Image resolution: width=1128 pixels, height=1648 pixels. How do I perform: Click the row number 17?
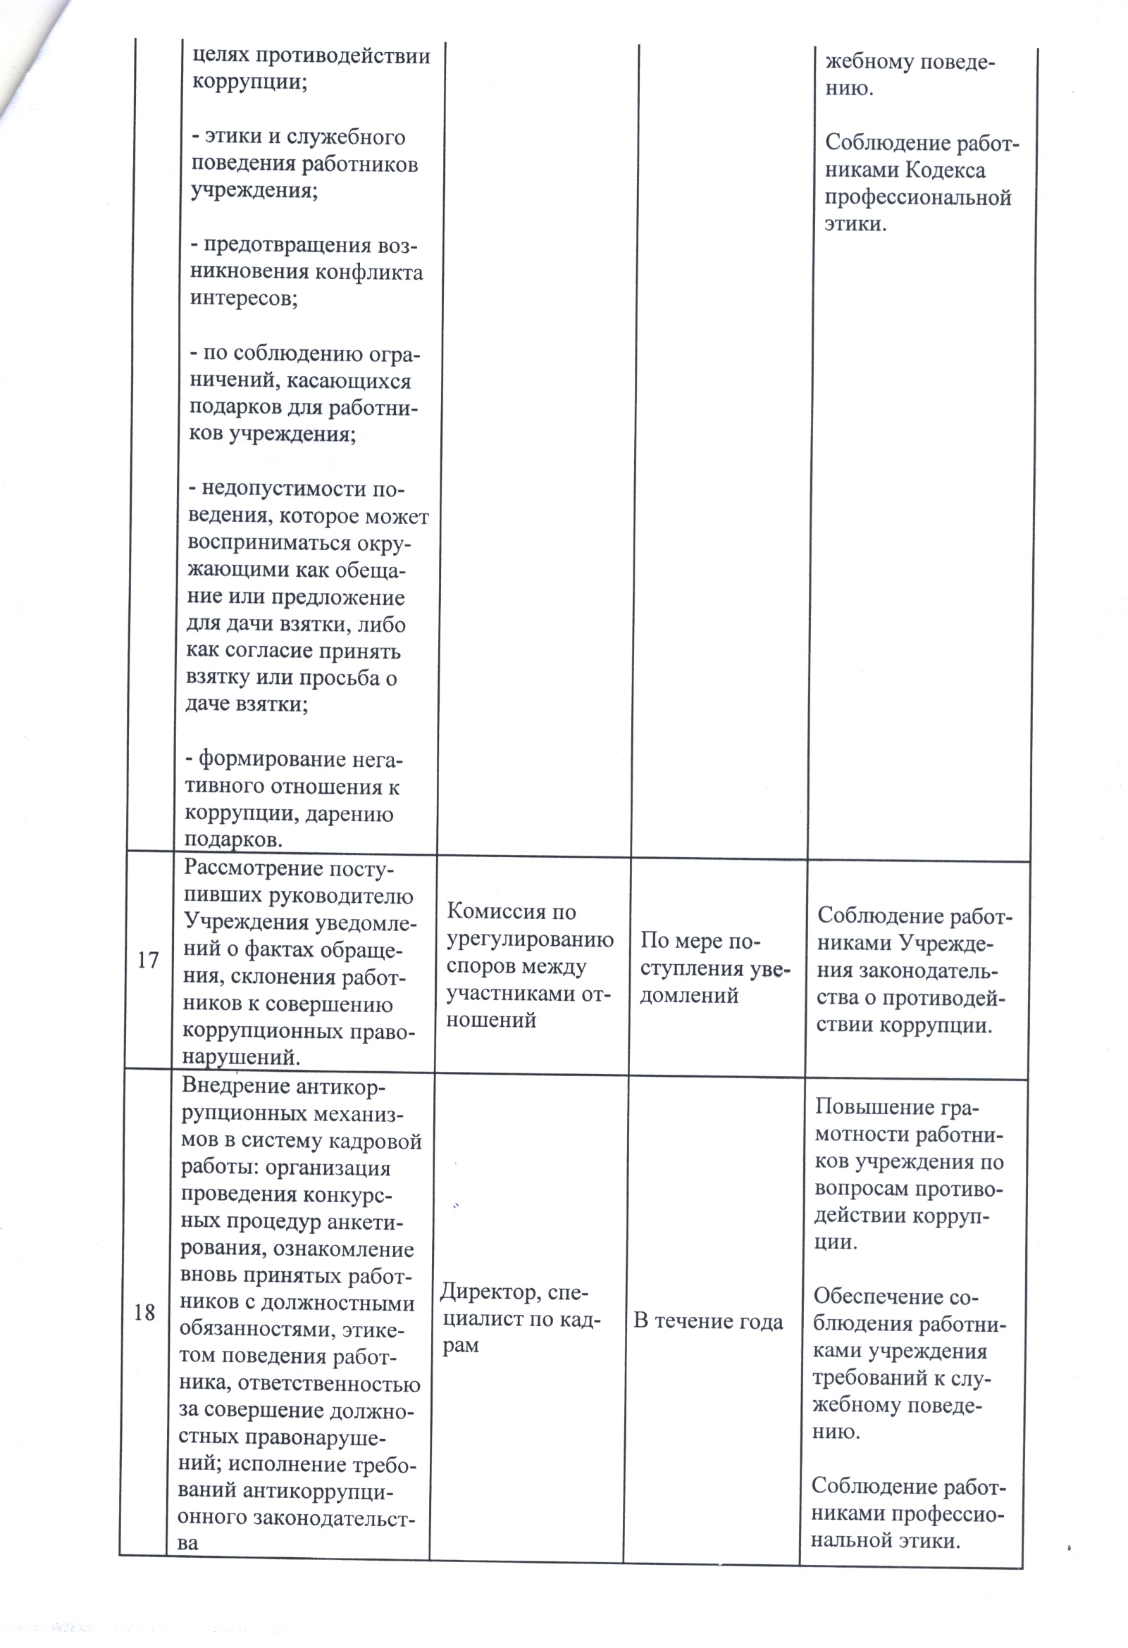point(147,961)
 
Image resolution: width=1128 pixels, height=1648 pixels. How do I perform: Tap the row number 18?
point(144,1312)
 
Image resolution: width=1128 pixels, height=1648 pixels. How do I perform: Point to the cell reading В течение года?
point(708,1321)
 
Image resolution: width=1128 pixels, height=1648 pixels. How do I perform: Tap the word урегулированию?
point(530,940)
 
